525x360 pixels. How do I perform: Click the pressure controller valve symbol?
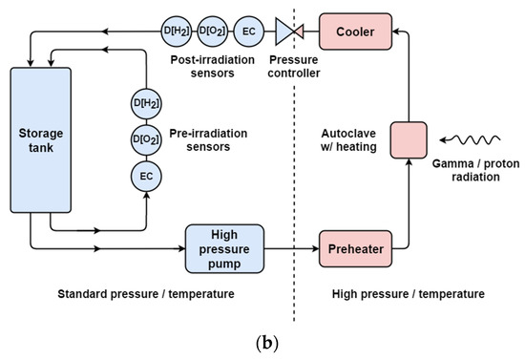(287, 32)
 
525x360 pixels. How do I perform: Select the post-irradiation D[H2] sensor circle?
(177, 32)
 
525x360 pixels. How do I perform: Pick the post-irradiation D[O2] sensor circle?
(211, 32)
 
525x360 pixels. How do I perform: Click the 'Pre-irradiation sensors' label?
(202, 138)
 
